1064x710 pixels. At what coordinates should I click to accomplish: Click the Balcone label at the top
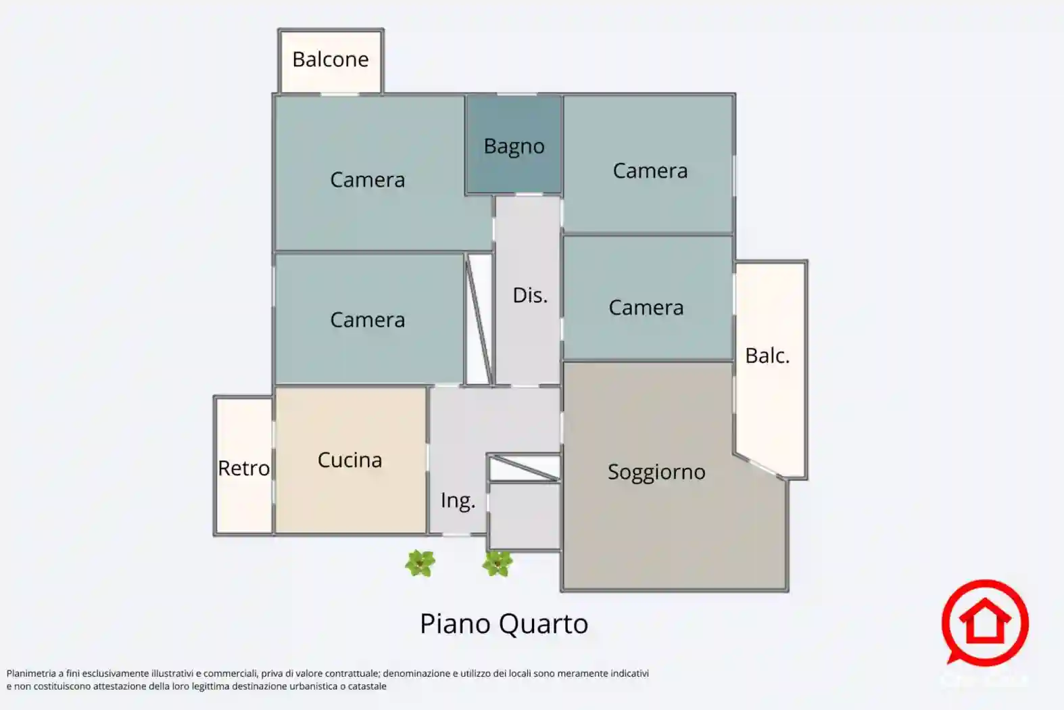[331, 60]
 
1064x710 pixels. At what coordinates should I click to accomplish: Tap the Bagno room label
[514, 147]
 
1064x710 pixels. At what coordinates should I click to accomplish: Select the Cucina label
[350, 460]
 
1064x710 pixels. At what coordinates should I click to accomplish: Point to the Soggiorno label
[656, 473]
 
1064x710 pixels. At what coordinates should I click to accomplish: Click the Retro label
[243, 469]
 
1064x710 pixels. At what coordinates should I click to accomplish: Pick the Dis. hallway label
[530, 295]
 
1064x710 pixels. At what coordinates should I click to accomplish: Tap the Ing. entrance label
[458, 501]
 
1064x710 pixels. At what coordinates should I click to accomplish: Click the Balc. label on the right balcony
[767, 356]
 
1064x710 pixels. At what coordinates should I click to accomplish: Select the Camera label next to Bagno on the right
[650, 170]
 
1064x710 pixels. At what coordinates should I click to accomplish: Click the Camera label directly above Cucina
[368, 320]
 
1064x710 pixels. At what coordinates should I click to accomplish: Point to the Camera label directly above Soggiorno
[646, 308]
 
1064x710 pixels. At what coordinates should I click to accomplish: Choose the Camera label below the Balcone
[368, 180]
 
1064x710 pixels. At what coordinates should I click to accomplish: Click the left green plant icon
[420, 564]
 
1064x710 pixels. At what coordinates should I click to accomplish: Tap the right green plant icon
[498, 564]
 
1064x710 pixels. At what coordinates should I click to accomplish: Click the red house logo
[985, 623]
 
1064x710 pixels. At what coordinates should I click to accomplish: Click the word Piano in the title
[456, 623]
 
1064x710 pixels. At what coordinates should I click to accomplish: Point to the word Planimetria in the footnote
[31, 673]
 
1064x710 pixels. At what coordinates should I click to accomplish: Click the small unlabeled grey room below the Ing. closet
[525, 516]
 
